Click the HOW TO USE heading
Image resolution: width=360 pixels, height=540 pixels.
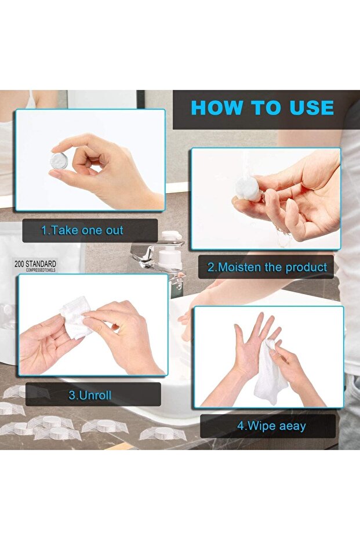click(x=262, y=108)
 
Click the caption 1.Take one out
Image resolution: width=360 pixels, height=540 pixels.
click(x=82, y=230)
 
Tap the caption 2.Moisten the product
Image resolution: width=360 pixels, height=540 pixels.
click(x=267, y=267)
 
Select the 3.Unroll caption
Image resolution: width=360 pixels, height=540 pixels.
click(x=90, y=396)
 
